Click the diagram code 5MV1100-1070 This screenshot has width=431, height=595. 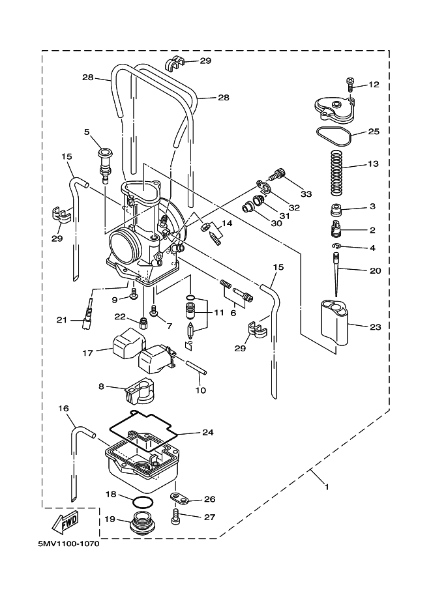click(64, 544)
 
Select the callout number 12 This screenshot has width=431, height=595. click(373, 85)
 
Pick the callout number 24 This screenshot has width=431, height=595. click(207, 432)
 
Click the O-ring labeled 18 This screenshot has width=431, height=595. click(143, 502)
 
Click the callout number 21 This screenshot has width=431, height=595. click(61, 319)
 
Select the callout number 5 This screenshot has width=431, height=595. click(87, 132)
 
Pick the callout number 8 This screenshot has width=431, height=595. click(102, 387)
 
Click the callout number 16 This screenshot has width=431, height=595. click(63, 409)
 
